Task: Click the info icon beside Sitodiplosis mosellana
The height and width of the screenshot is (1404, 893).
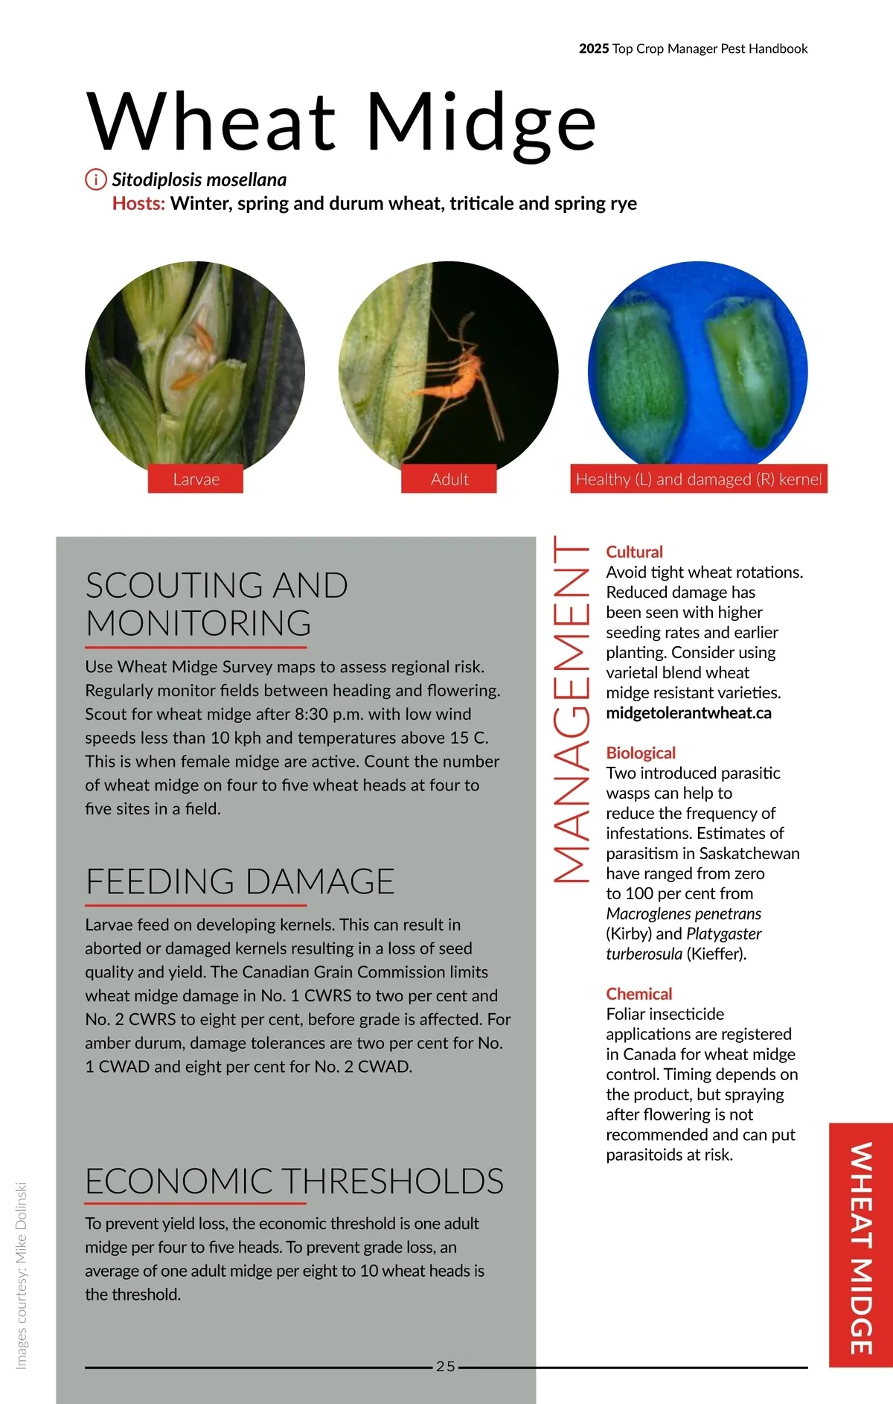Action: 96,179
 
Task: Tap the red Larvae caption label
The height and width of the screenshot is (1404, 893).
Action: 196,479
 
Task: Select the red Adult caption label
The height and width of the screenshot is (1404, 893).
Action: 449,479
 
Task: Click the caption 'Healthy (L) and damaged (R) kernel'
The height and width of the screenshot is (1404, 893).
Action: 699,479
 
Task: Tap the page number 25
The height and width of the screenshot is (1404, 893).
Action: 446,1366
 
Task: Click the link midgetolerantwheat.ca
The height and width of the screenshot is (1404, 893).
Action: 688,713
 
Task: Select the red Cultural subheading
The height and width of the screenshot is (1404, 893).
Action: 634,552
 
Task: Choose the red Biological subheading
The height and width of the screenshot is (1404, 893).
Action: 641,753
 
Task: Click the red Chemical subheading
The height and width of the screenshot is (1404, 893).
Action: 638,994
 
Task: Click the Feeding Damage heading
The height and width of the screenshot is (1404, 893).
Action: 240,881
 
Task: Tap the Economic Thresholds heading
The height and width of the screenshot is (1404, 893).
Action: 294,1181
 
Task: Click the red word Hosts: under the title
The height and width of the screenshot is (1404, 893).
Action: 138,203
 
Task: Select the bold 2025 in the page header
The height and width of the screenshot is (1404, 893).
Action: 593,49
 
